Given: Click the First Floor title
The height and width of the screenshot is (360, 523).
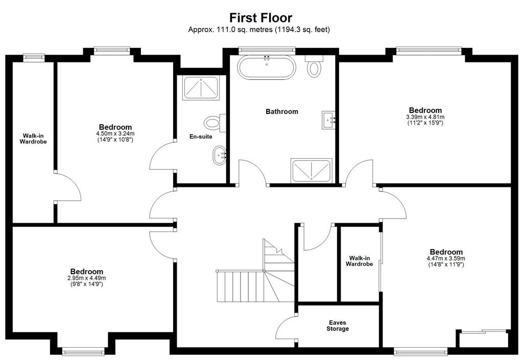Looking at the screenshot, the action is coord(261,17).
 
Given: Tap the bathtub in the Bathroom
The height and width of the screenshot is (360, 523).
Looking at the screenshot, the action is coord(266,67).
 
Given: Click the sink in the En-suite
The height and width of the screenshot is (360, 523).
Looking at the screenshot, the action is coord(219,155).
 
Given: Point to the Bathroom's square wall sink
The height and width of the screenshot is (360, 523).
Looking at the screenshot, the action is coord(328,119).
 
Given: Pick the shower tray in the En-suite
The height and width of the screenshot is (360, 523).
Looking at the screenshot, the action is coord(201,88).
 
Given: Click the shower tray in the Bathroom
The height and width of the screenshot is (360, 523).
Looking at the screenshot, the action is coord(311,171).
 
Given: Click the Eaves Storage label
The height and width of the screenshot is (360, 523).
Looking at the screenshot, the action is coord(338,326).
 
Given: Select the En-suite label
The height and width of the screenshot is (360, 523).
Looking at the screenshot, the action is coord(201,136).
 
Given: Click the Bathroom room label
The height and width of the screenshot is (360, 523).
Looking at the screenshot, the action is coord(282,112).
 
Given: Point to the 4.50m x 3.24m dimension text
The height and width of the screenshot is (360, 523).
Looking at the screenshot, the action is coord(115,134).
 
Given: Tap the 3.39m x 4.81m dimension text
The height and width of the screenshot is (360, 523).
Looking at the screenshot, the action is coord(425,117).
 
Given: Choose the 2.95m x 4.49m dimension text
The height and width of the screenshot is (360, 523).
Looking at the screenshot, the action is coord(87,278).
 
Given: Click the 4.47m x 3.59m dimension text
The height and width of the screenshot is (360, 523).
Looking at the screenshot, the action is coord(446,258).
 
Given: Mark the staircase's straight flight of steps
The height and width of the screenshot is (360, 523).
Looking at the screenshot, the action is coord(240,286).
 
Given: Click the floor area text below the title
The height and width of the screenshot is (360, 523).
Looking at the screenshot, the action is coord(259,29).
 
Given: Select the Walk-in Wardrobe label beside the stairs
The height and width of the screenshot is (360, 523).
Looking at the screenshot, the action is coord(359,261).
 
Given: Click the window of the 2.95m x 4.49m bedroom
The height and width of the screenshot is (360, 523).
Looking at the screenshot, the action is coord(83,352).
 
